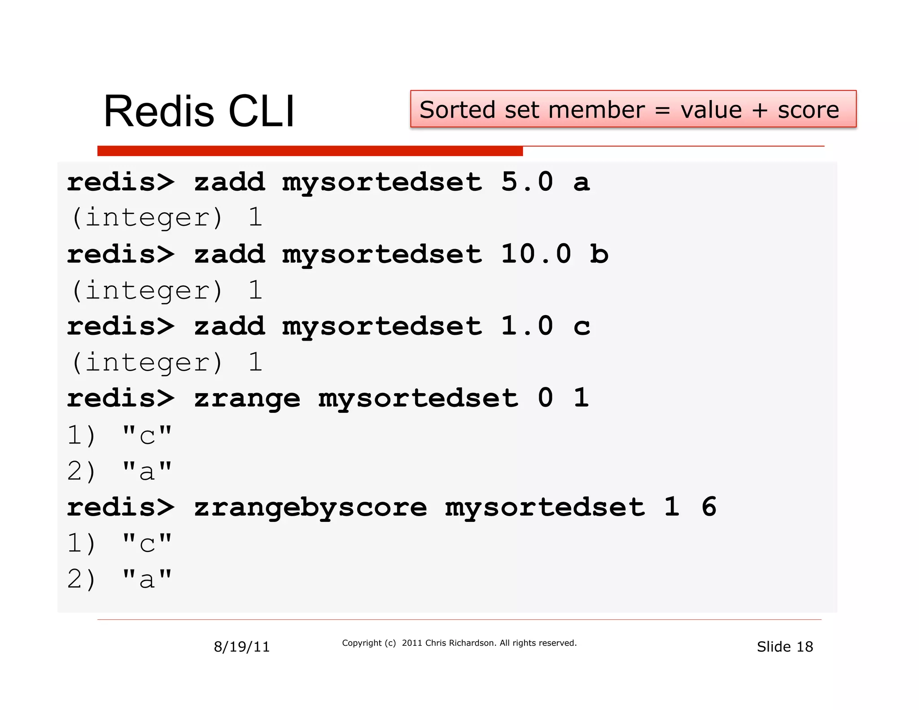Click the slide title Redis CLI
pyautogui.click(x=199, y=112)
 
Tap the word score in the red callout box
pyautogui.click(x=808, y=110)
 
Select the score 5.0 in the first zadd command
pyautogui.click(x=527, y=182)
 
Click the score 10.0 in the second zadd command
pyautogui.click(x=536, y=254)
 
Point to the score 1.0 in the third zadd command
pyautogui.click(x=527, y=326)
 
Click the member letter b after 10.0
pyautogui.click(x=599, y=254)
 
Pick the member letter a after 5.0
pyautogui.click(x=582, y=183)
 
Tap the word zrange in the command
pyautogui.click(x=247, y=399)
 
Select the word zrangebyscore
pyautogui.click(x=310, y=508)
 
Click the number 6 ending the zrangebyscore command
pyautogui.click(x=709, y=507)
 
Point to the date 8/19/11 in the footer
pyautogui.click(x=241, y=647)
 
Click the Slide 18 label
pyautogui.click(x=784, y=647)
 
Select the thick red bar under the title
pyautogui.click(x=310, y=151)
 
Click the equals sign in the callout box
pyautogui.click(x=662, y=110)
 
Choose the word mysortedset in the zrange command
pyautogui.click(x=418, y=399)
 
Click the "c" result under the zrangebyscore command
pyautogui.click(x=147, y=544)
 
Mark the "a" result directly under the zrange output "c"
pyautogui.click(x=147, y=472)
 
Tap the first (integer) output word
pyautogui.click(x=147, y=218)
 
